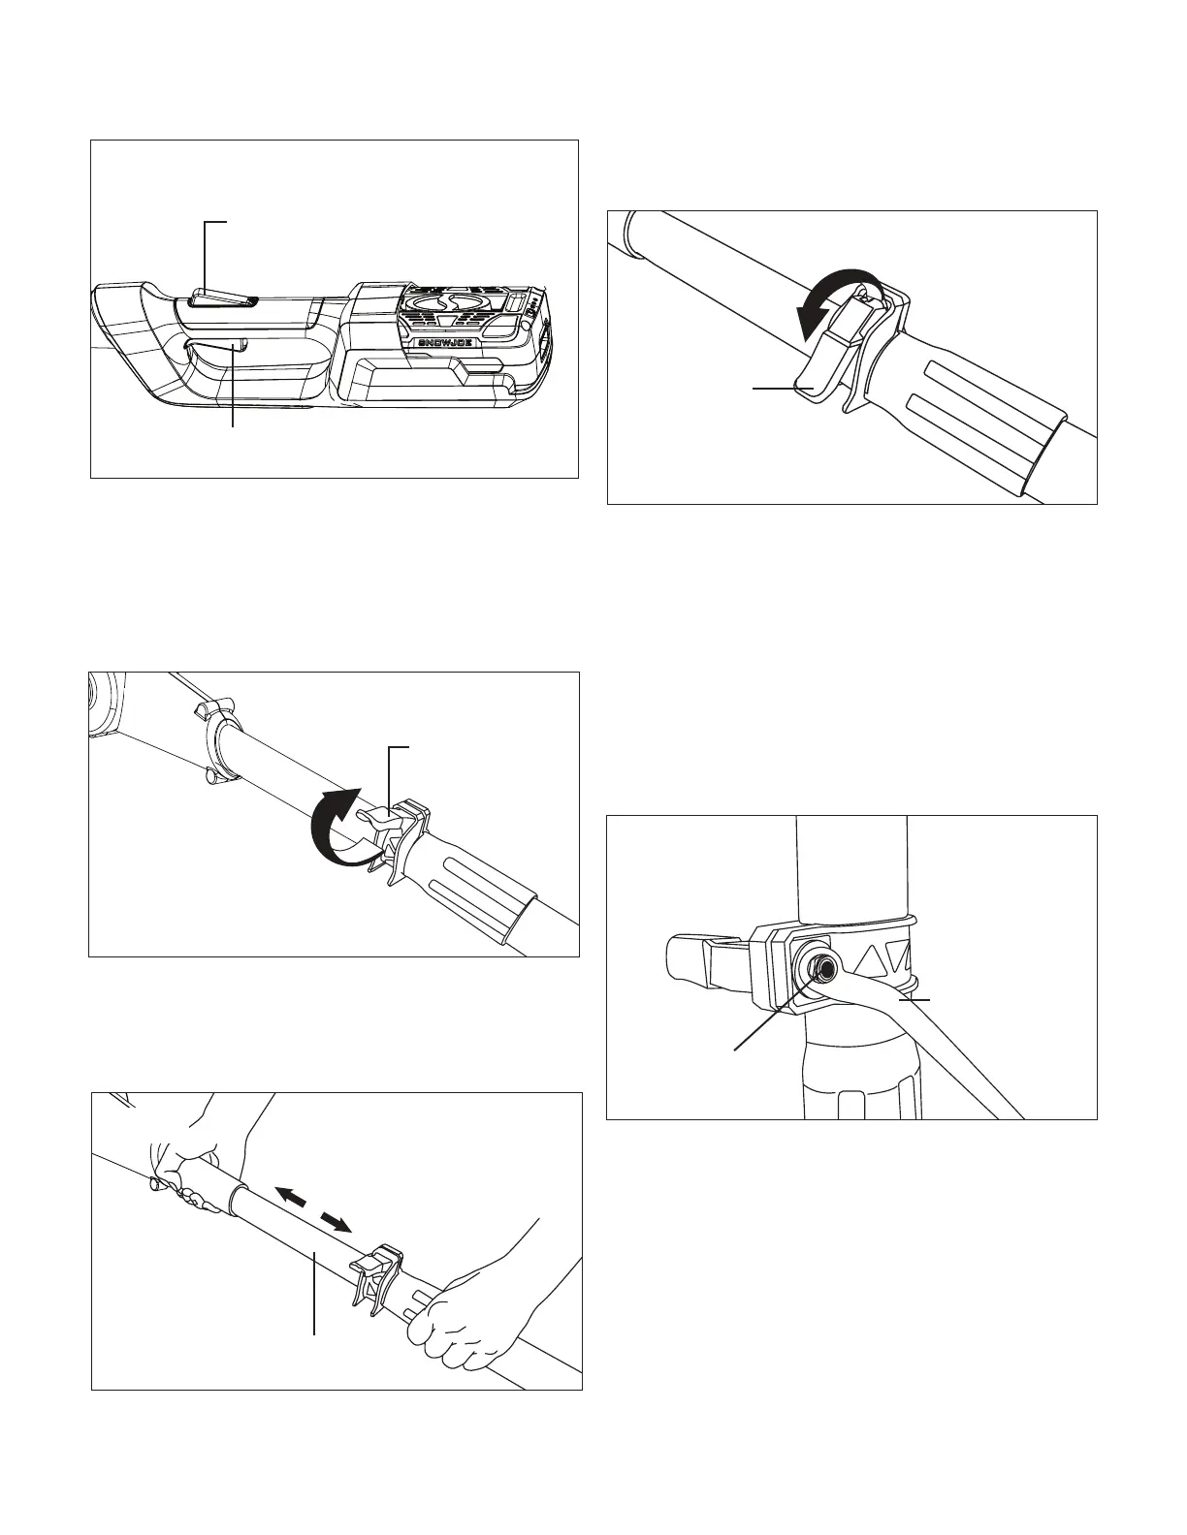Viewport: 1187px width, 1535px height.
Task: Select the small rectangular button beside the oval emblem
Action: pos(514,304)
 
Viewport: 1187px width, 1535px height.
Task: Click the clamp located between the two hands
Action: pos(380,1277)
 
